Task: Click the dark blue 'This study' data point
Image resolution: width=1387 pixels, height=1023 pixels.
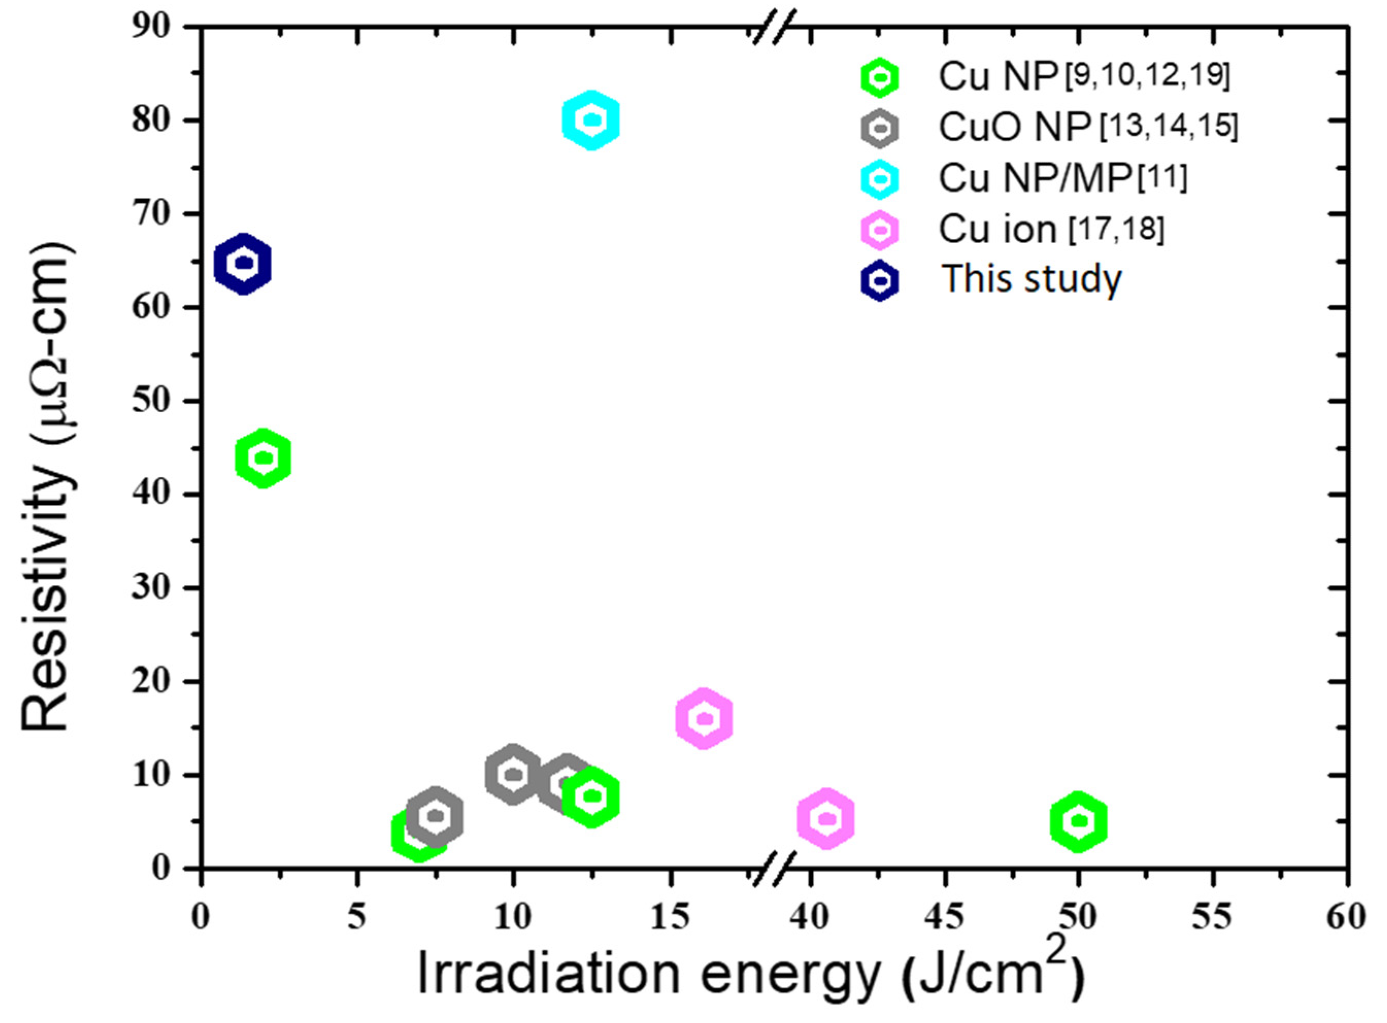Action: coord(243,264)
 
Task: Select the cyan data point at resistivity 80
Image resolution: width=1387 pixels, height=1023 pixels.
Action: coord(591,120)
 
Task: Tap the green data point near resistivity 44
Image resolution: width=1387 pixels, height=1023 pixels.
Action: coord(263,458)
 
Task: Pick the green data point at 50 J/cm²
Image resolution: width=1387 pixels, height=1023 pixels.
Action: coord(1078,821)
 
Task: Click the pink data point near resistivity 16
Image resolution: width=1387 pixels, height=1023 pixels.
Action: coord(704,719)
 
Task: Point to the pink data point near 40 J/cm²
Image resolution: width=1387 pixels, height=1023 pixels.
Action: coord(826,819)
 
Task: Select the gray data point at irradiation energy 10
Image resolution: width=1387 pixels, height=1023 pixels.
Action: coord(512,774)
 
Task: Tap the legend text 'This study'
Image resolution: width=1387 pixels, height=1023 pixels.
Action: coord(1031,279)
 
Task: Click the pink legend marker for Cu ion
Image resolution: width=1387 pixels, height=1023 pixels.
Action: coord(880,230)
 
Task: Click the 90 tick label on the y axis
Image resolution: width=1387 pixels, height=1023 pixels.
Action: coord(151,27)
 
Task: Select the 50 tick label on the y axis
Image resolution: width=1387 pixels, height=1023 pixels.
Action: coord(151,401)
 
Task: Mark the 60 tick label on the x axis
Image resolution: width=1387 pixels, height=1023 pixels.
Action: coord(1345,917)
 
